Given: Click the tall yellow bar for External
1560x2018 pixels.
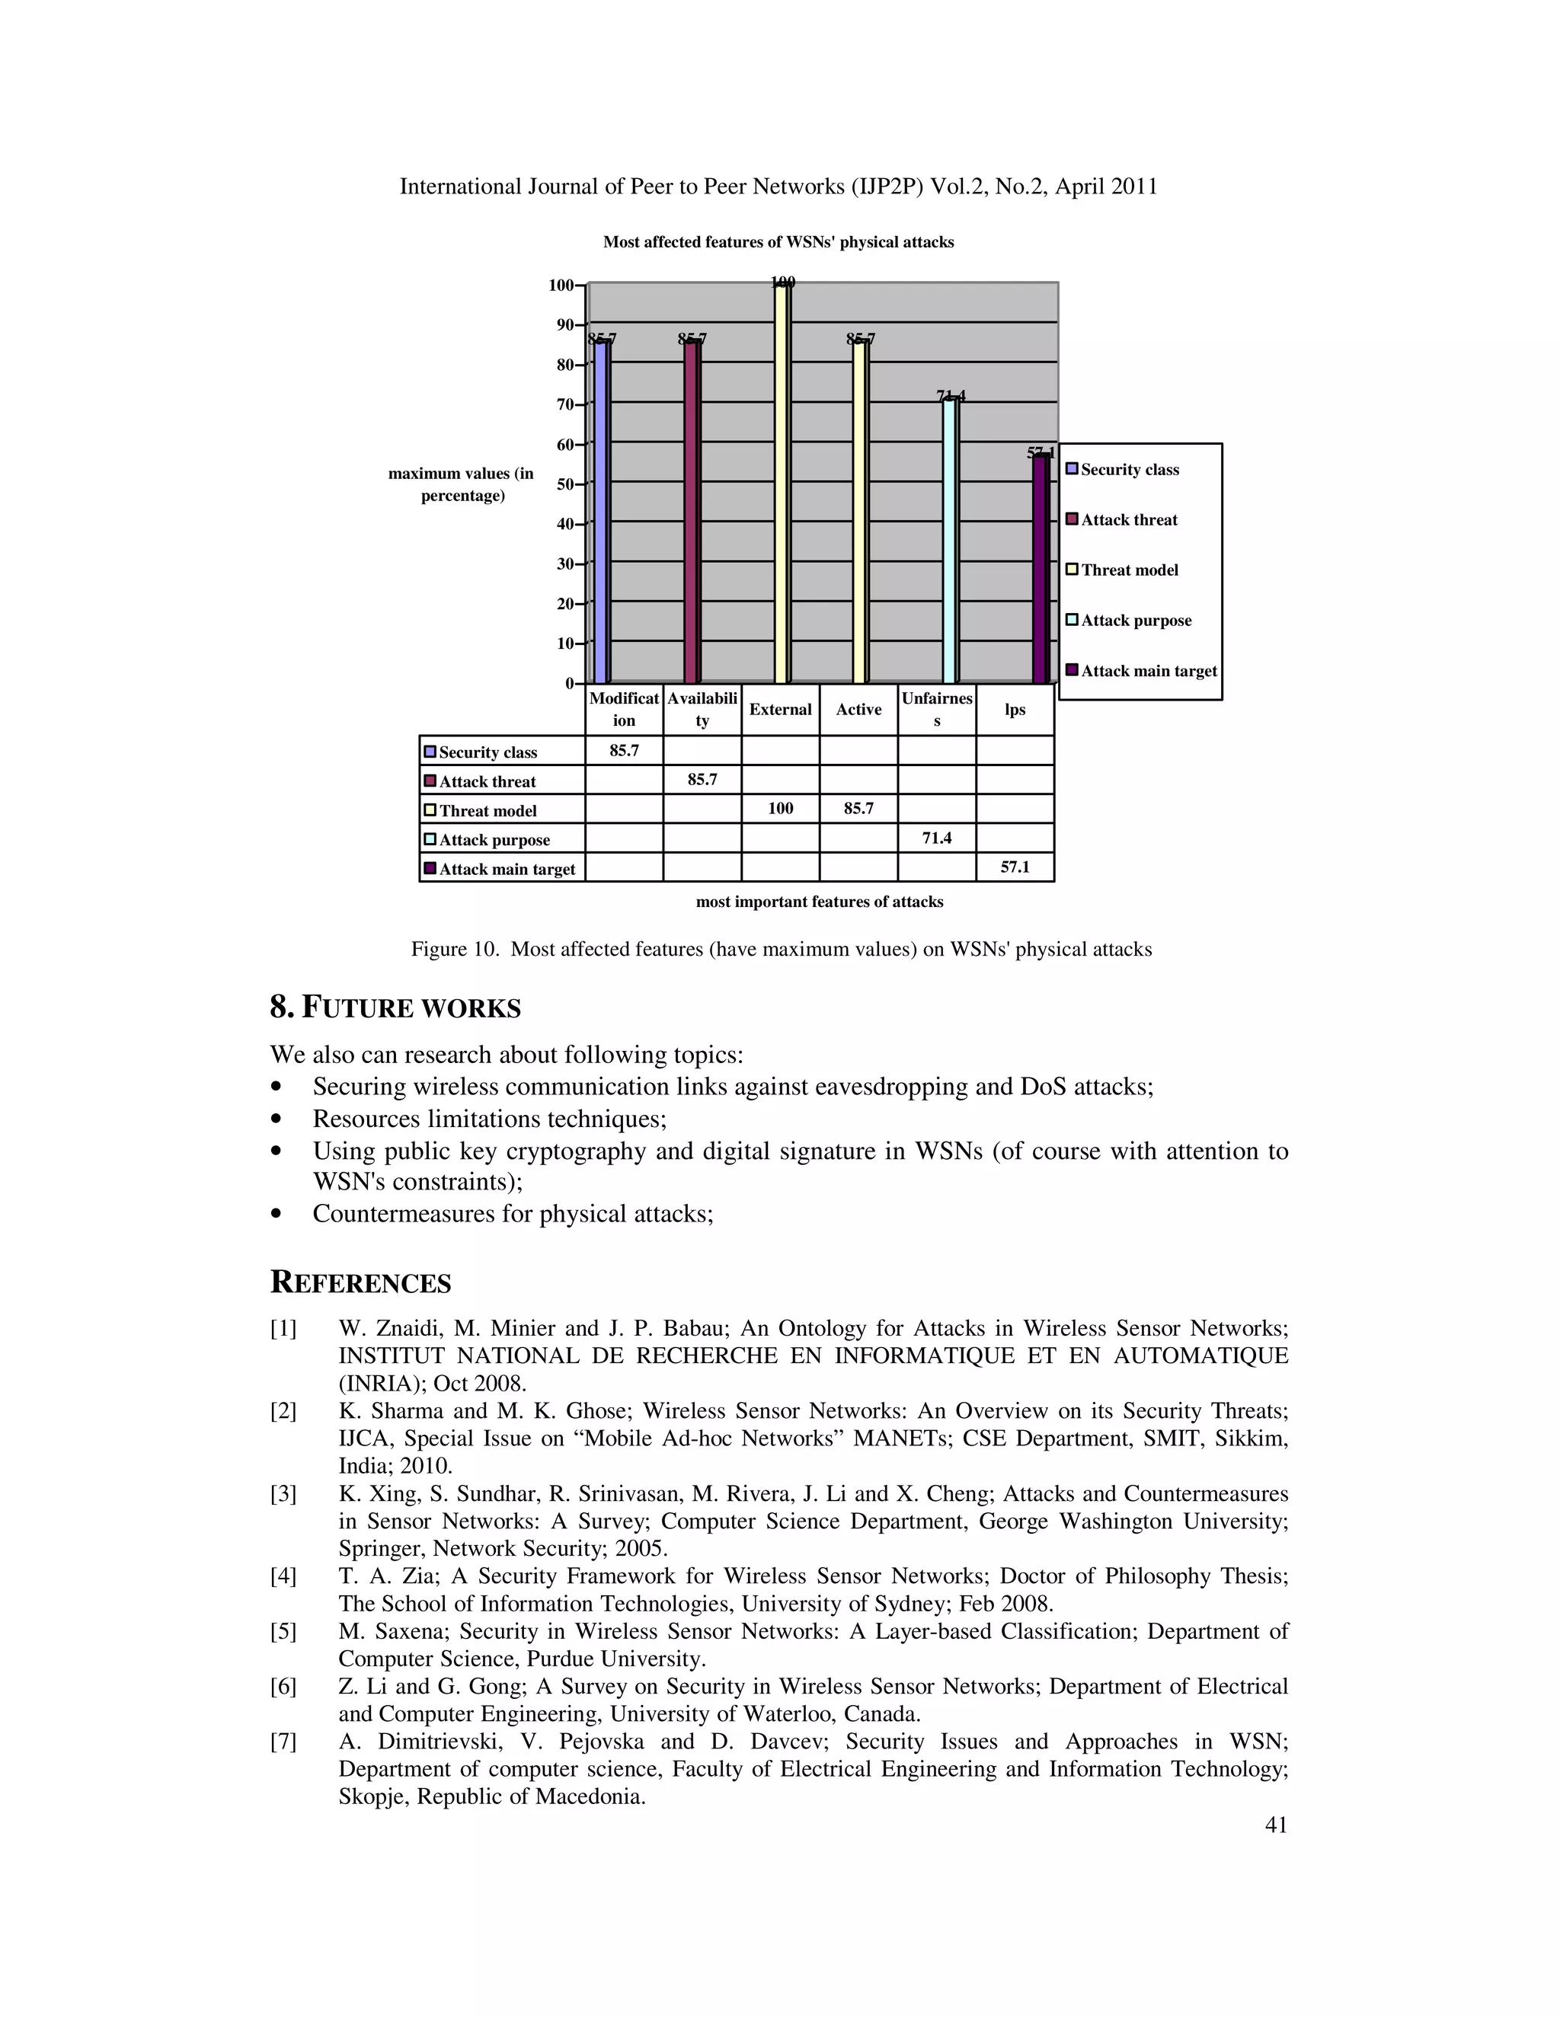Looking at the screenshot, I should click(x=782, y=485).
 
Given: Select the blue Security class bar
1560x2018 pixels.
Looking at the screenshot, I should click(x=602, y=512).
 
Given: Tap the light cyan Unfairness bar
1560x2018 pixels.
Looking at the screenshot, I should click(x=950, y=541).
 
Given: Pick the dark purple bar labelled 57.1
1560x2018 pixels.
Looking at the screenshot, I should click(x=1041, y=568).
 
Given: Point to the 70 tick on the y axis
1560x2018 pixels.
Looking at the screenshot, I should click(x=564, y=404).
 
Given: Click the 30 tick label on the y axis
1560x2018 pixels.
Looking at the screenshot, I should click(x=564, y=564).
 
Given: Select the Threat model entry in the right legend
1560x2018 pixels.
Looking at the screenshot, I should click(x=1130, y=570).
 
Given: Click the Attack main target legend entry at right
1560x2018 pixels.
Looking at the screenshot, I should click(x=1148, y=671).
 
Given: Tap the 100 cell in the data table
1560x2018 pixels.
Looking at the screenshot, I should click(x=780, y=809).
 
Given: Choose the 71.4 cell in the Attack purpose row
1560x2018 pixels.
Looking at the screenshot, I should click(x=936, y=838).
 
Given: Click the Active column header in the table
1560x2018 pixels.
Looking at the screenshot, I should click(x=858, y=710).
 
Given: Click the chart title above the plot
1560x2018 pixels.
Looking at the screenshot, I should click(x=778, y=242).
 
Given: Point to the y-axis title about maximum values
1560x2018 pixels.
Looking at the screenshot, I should click(x=461, y=484).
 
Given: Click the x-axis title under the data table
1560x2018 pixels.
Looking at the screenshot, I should click(x=819, y=902).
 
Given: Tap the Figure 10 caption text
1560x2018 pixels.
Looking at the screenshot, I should click(x=781, y=949).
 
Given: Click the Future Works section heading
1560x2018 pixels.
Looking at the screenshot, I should click(x=395, y=1007).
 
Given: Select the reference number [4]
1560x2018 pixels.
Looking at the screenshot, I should click(x=283, y=1576).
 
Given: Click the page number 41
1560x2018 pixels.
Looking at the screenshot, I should click(x=1275, y=1824).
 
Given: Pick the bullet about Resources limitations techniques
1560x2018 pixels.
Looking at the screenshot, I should click(x=489, y=1119).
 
